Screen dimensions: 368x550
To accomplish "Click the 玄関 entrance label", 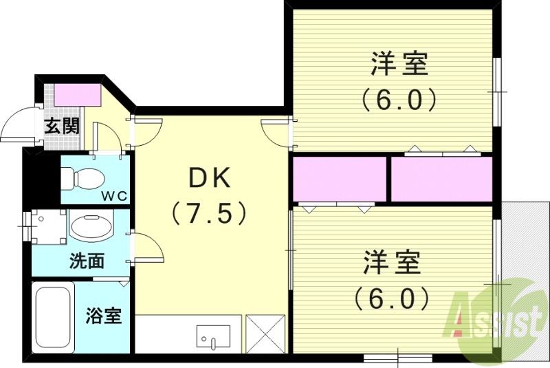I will (x=62, y=127).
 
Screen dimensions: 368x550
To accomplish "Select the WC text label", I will (x=115, y=196).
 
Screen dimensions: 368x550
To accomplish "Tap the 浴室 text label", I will (x=104, y=316).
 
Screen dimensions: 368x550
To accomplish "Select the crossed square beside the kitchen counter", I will (x=265, y=334).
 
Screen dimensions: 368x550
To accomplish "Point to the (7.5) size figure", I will (x=210, y=213).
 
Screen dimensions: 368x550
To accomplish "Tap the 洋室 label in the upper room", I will (x=400, y=65).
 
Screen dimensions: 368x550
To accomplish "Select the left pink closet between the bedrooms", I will (x=340, y=179).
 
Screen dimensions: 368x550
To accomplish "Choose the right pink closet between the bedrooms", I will (x=442, y=179).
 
